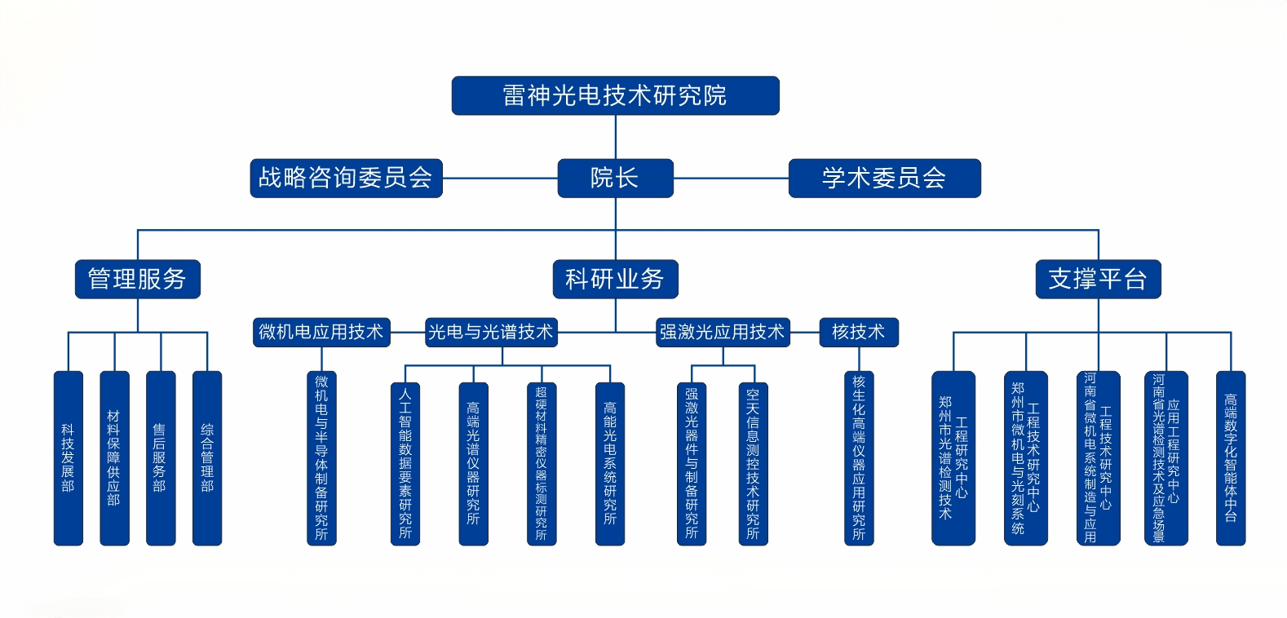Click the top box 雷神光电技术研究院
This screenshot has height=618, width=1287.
pos(615,96)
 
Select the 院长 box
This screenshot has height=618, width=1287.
pos(615,179)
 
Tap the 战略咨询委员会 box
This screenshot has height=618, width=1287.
pos(346,179)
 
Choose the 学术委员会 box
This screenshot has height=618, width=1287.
pos(884,179)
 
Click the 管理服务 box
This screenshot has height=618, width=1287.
pos(138,280)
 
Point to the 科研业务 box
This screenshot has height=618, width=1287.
pos(615,280)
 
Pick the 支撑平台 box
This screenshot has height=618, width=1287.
pos(1098,280)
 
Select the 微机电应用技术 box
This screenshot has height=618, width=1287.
pos(321,333)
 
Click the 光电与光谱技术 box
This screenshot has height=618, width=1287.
pos(491,333)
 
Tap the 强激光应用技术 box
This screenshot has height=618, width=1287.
pos(723,333)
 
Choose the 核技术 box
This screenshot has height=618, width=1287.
pos(858,333)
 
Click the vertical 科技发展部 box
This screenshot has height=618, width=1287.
pos(69,458)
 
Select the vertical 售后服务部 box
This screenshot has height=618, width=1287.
pos(161,458)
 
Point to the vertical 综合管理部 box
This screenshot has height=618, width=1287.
pos(207,458)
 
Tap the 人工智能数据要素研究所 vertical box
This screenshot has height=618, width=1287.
pos(405,463)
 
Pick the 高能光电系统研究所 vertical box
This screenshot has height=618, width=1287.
pos(610,463)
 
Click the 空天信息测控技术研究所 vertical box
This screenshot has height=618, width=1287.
pos(753,463)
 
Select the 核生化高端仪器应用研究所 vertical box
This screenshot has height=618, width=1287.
pos(859,458)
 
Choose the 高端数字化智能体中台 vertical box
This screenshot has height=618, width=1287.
pos(1231,458)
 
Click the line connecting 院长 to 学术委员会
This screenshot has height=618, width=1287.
pos(731,179)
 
